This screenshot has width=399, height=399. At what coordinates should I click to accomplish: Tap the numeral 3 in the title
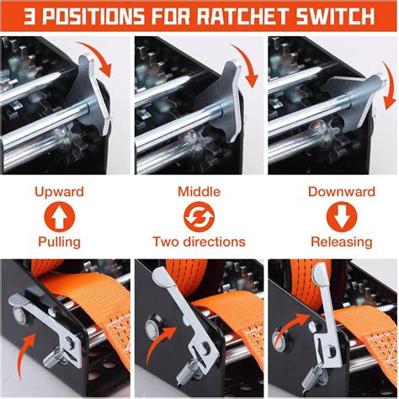[x=19, y=16]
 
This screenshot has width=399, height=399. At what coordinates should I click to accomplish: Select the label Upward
[x=60, y=192]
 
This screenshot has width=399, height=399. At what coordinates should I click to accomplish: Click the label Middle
[x=199, y=192]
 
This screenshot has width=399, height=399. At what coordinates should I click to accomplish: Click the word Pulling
[x=60, y=242]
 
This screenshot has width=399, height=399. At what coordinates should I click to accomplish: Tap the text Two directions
[x=199, y=242]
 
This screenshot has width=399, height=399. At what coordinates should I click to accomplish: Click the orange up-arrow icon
[x=60, y=216]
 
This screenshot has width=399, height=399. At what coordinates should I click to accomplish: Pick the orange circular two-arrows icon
[x=199, y=216]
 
